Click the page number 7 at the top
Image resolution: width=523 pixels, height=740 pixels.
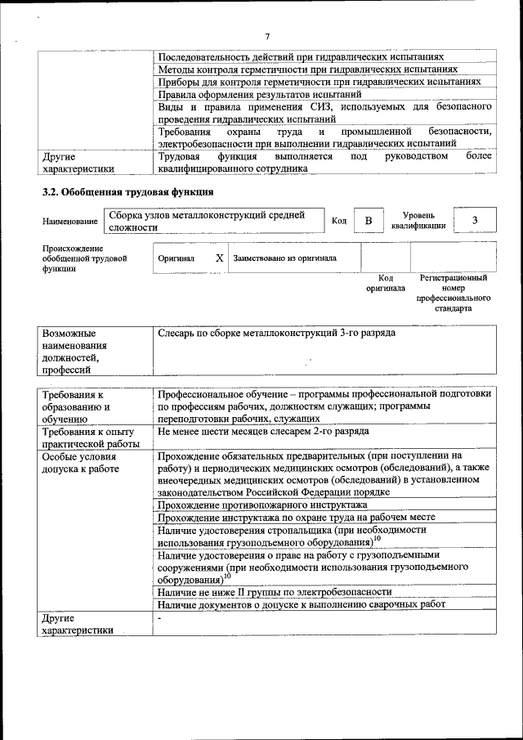point(267,36)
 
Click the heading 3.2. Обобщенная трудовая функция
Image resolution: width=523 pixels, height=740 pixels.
point(128,191)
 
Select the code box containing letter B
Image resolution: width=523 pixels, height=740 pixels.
point(369,221)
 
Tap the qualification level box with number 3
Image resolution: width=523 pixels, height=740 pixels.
point(475,221)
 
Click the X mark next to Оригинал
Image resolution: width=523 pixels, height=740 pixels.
point(219,258)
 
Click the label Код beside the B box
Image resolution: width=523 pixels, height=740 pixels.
point(339,222)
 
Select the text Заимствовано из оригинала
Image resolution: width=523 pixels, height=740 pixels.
point(284,258)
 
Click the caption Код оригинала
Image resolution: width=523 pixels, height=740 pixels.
point(385,283)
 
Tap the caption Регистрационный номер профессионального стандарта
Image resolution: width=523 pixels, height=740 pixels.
point(454,294)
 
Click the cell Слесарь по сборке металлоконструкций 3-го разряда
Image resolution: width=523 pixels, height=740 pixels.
point(277,334)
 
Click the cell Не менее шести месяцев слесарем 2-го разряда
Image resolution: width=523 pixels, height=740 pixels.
point(263,430)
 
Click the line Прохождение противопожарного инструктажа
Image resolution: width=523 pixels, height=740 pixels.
point(262,505)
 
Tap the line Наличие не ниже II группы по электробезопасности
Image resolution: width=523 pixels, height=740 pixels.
point(275,591)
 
